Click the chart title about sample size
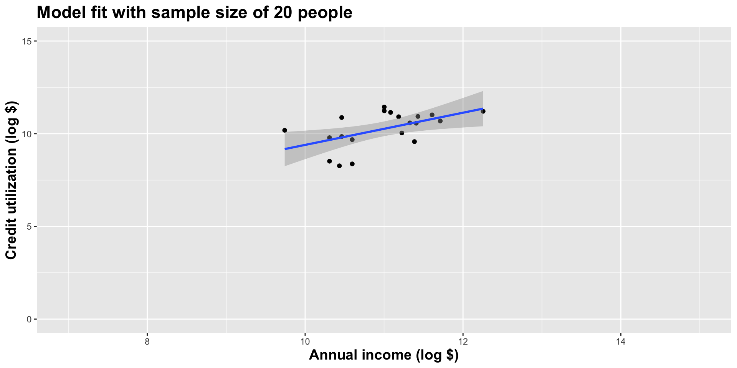coord(194,13)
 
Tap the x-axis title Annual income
coord(383,355)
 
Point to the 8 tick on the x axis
coord(147,342)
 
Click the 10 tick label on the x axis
coord(305,342)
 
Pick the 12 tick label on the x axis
coord(463,342)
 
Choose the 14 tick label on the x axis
coord(621,342)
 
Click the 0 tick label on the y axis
coord(29,319)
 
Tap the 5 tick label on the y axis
coord(29,227)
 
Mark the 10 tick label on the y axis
coord(27,134)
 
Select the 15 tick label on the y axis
coord(27,41)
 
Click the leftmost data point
coord(284,130)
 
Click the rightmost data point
coord(483,111)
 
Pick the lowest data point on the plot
coord(339,166)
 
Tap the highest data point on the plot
coord(384,107)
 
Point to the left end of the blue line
coord(285,149)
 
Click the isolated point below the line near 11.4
coord(414,141)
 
